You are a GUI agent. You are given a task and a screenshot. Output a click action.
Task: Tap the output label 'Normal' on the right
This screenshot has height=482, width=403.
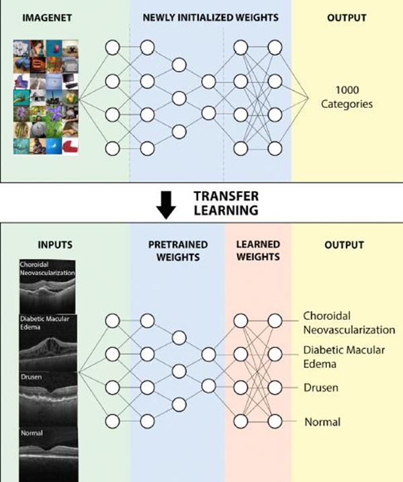click(322, 422)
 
